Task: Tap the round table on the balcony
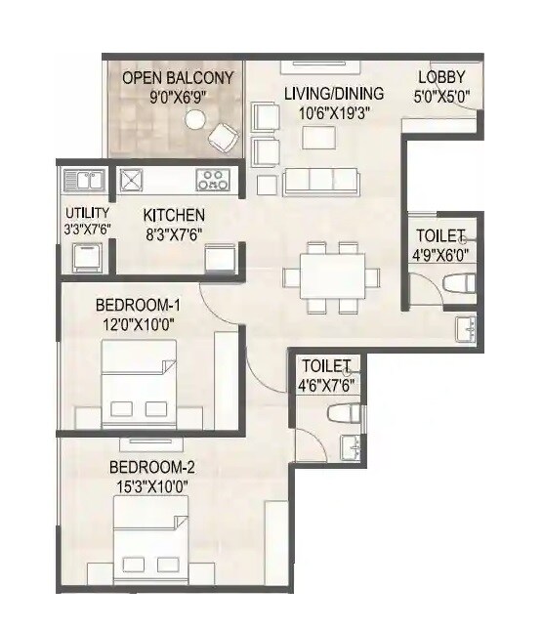195,120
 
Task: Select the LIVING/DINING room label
333,94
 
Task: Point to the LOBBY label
441,78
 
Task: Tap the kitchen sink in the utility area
83,180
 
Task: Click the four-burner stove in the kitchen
212,180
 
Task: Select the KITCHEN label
174,215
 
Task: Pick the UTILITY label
87,213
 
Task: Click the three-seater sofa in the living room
320,180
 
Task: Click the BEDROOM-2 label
147,467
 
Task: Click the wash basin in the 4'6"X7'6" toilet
354,448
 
